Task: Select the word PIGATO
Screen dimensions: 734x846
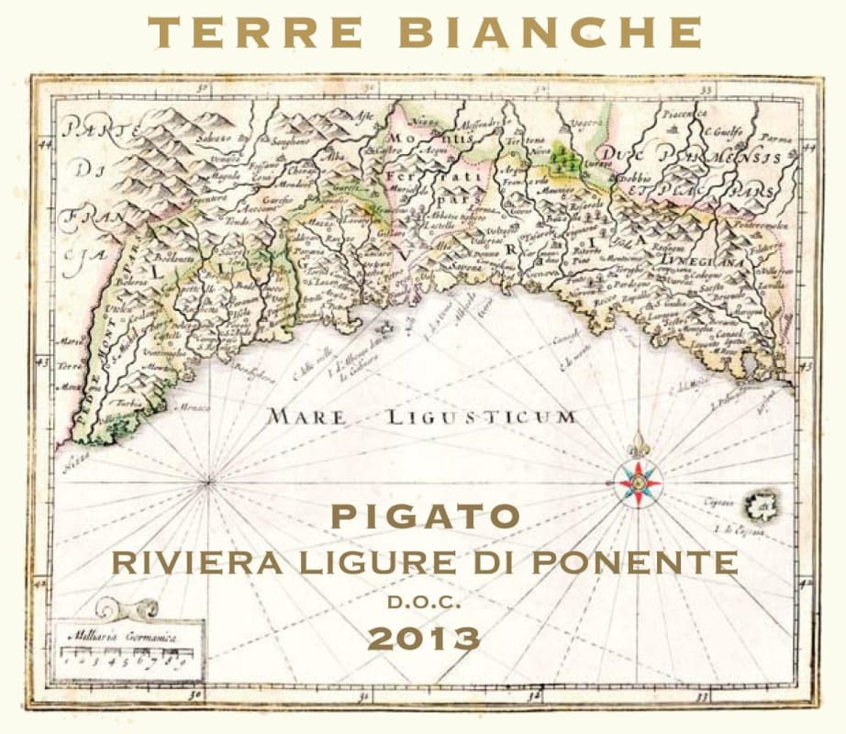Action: tap(424, 517)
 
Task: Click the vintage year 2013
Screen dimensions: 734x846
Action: tap(424, 637)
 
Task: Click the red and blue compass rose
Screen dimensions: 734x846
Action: tap(639, 481)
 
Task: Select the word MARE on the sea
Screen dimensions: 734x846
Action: tap(306, 417)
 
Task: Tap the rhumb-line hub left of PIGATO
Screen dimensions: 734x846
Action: tap(210, 479)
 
